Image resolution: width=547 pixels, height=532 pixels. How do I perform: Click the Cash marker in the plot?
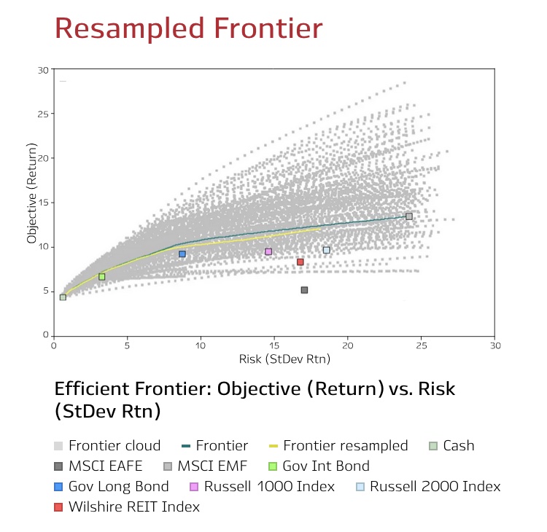click(x=63, y=297)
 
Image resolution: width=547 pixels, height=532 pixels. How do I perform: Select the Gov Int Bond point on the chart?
click(x=101, y=277)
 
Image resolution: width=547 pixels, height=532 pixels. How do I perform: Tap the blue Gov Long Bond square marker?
click(x=182, y=254)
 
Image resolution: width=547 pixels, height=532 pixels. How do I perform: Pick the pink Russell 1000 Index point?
click(x=268, y=251)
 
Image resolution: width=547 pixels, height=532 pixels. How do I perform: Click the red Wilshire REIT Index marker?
click(x=300, y=262)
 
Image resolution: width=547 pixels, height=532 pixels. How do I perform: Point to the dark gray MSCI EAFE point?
click(x=304, y=290)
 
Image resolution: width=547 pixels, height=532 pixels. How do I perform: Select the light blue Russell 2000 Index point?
click(x=327, y=250)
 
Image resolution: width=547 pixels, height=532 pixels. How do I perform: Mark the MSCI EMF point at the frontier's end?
click(x=409, y=216)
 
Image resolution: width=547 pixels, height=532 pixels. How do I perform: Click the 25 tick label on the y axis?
click(x=43, y=114)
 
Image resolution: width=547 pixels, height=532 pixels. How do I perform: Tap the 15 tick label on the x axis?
click(x=274, y=346)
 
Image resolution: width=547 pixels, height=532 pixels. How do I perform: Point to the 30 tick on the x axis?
click(x=494, y=337)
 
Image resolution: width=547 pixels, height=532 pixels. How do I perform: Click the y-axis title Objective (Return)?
click(x=32, y=193)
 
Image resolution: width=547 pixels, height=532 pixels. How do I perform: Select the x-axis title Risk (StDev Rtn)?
click(x=284, y=359)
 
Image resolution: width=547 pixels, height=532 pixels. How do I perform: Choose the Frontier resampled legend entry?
click(x=338, y=445)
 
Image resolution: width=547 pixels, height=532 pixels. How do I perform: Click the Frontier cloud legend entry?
click(x=107, y=445)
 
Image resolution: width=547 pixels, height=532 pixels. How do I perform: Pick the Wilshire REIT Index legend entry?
click(x=127, y=507)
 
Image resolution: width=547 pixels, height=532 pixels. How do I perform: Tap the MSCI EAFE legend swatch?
click(x=58, y=466)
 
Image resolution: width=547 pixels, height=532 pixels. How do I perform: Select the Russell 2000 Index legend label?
click(x=435, y=486)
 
